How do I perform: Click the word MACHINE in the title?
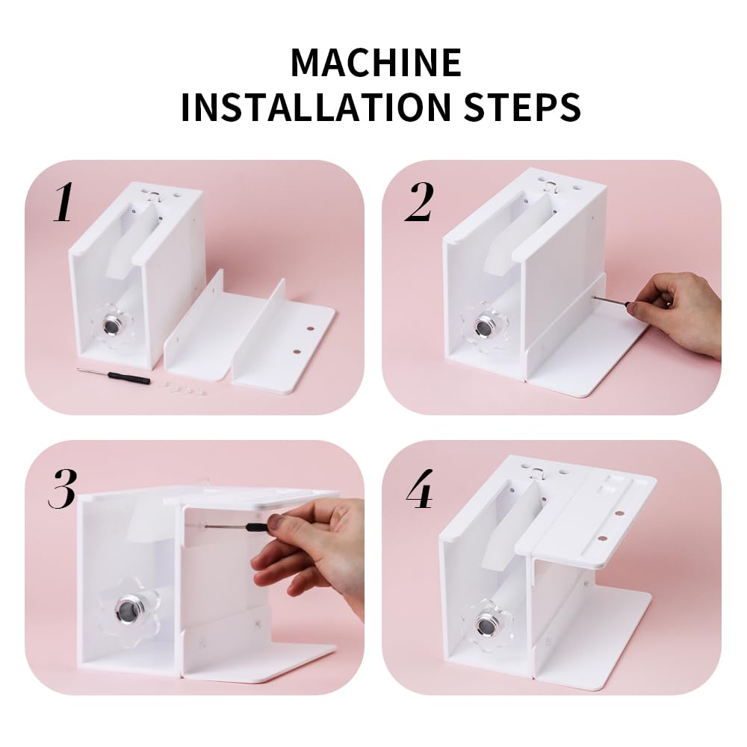375,62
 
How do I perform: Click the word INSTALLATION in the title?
314,107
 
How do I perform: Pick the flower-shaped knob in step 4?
486,622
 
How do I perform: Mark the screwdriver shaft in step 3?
235,526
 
